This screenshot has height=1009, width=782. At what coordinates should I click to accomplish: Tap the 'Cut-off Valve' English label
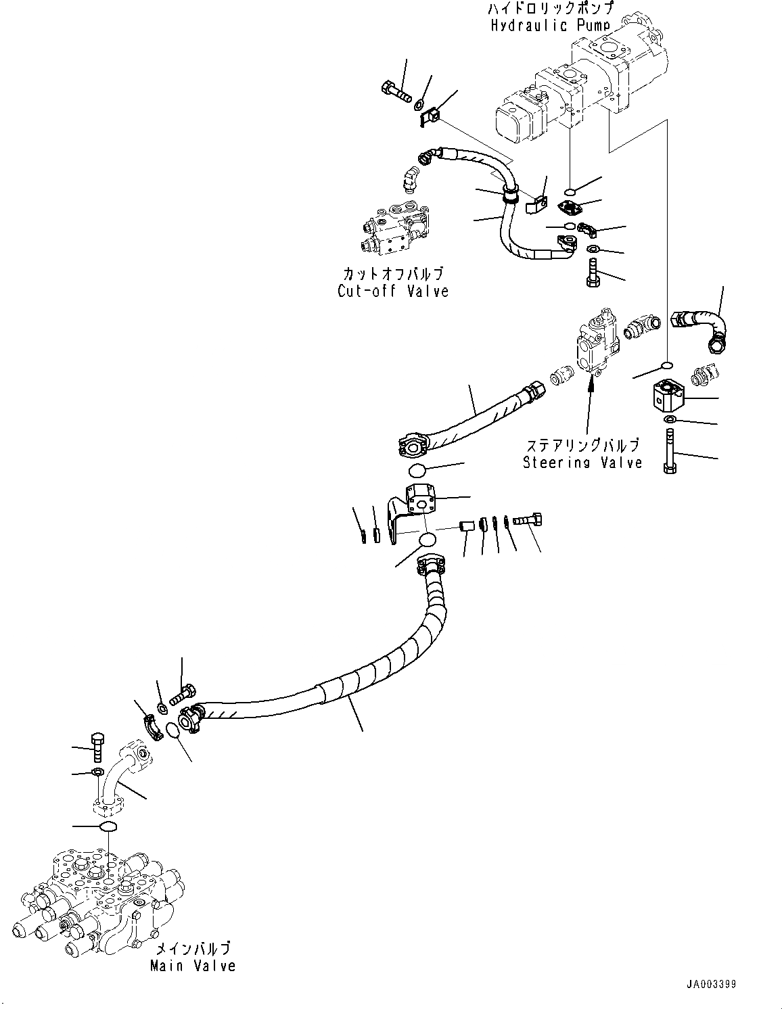(393, 291)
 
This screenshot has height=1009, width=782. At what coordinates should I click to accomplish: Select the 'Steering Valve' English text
(582, 463)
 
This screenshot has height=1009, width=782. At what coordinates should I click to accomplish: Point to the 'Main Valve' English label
(193, 965)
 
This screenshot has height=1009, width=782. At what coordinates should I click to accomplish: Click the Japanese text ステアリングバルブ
(582, 445)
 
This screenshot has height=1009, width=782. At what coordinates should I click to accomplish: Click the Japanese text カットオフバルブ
(393, 274)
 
